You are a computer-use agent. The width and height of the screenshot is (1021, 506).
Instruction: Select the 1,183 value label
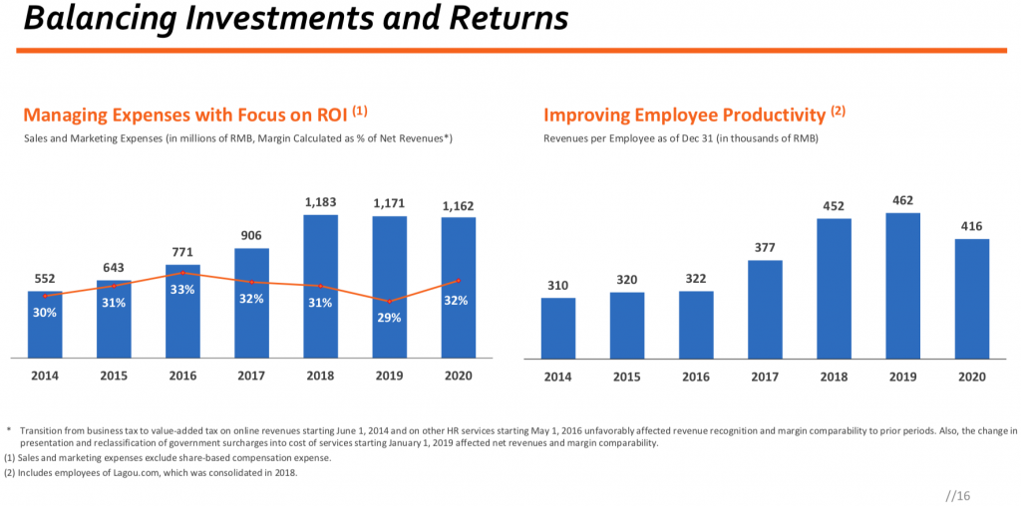pyautogui.click(x=320, y=203)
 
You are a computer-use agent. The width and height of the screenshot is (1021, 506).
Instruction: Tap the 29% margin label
pyautogui.click(x=389, y=318)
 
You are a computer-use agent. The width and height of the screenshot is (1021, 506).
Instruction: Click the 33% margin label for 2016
pyautogui.click(x=182, y=289)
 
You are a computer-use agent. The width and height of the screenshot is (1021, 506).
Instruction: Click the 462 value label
pyautogui.click(x=902, y=201)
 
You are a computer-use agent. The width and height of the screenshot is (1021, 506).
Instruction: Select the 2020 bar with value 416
pyautogui.click(x=971, y=298)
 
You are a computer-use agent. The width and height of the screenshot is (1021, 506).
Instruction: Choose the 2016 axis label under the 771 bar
pyautogui.click(x=182, y=376)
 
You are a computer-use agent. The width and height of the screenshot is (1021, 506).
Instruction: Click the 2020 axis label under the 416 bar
pyautogui.click(x=971, y=377)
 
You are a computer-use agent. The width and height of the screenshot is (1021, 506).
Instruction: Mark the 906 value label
pyautogui.click(x=251, y=235)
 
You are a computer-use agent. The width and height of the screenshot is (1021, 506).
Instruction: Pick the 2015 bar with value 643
pyautogui.click(x=114, y=319)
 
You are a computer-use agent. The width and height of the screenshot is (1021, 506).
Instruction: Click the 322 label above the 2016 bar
pyautogui.click(x=696, y=279)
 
